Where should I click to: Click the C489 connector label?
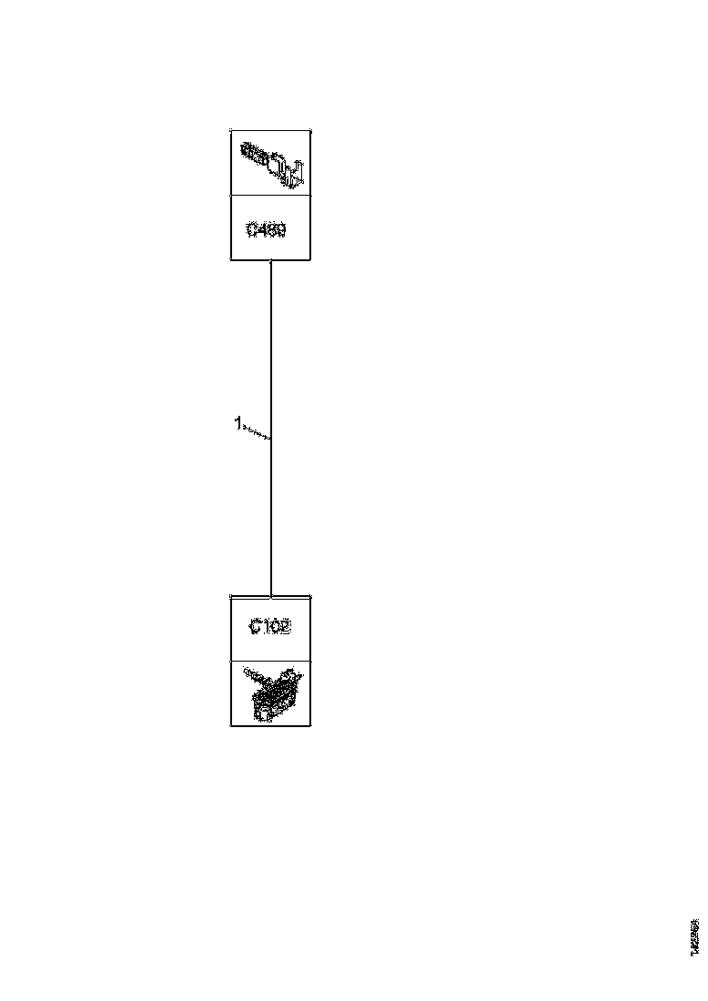[267, 231]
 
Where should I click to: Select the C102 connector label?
[270, 628]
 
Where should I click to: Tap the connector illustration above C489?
[270, 162]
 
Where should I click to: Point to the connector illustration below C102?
[270, 693]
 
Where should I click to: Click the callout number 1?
[238, 422]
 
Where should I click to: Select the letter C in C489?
[252, 231]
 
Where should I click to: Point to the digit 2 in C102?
[285, 628]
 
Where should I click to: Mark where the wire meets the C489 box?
[272, 261]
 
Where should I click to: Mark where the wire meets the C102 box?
[272, 596]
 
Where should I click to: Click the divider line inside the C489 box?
[270, 195]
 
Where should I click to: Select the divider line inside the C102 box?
[270, 661]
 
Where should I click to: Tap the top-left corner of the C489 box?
[231, 129]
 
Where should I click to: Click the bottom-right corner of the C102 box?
[310, 725]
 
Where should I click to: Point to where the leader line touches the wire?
[271, 439]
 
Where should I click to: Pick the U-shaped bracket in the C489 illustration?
[294, 171]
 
